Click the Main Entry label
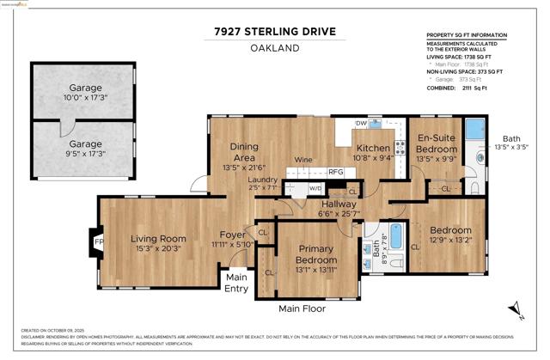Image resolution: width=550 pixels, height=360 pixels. pos(236,283)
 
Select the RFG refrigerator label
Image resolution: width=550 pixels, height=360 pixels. pos(336,172)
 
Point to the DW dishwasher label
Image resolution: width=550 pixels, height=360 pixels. pos(362,124)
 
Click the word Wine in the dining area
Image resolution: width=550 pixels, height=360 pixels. pos(302,160)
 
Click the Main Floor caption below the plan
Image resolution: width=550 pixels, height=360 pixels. pos(309,308)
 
